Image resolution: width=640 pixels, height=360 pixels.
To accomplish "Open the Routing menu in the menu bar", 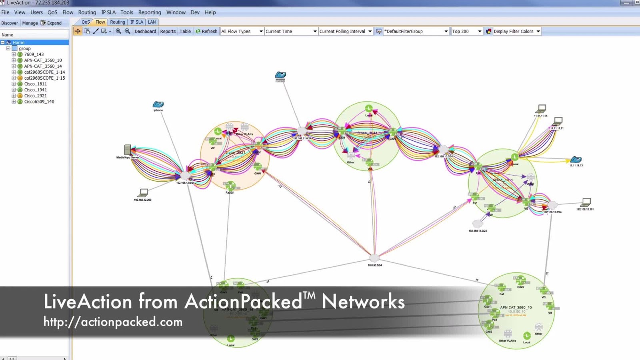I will tap(87, 12).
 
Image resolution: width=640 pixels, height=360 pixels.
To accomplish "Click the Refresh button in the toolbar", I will tap(206, 31).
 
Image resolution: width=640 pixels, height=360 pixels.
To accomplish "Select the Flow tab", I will tap(100, 22).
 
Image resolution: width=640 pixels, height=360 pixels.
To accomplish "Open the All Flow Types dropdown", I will tap(242, 31).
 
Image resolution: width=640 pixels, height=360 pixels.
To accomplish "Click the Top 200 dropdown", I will tap(466, 31).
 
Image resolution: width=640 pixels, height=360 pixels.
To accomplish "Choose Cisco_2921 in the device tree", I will tap(35, 96).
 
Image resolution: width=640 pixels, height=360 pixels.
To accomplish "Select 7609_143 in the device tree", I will tap(34, 54).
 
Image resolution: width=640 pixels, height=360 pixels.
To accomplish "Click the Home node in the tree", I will tap(18, 42).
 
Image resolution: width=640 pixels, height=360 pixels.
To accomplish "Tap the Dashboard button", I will tap(145, 31).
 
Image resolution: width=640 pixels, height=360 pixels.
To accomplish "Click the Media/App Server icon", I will tap(128, 150).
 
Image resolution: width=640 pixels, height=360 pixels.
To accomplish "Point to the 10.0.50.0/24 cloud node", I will tap(374, 258).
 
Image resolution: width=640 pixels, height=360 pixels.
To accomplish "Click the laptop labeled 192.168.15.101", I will tap(586, 202).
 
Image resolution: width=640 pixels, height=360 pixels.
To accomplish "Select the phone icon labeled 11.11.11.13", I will tap(576, 160).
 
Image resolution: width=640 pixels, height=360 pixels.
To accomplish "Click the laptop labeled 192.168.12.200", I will tap(143, 193).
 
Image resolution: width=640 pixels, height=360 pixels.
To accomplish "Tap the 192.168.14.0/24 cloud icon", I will tap(477, 224).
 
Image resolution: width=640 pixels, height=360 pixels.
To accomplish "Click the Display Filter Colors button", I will tap(513, 31).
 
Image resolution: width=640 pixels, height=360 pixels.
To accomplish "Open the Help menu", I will tap(210, 12).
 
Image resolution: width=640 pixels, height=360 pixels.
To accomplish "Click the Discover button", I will tap(10, 23).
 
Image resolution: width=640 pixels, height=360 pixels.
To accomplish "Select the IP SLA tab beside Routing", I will tap(136, 22).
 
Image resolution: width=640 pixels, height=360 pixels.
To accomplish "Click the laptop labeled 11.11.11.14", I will tap(541, 109).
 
